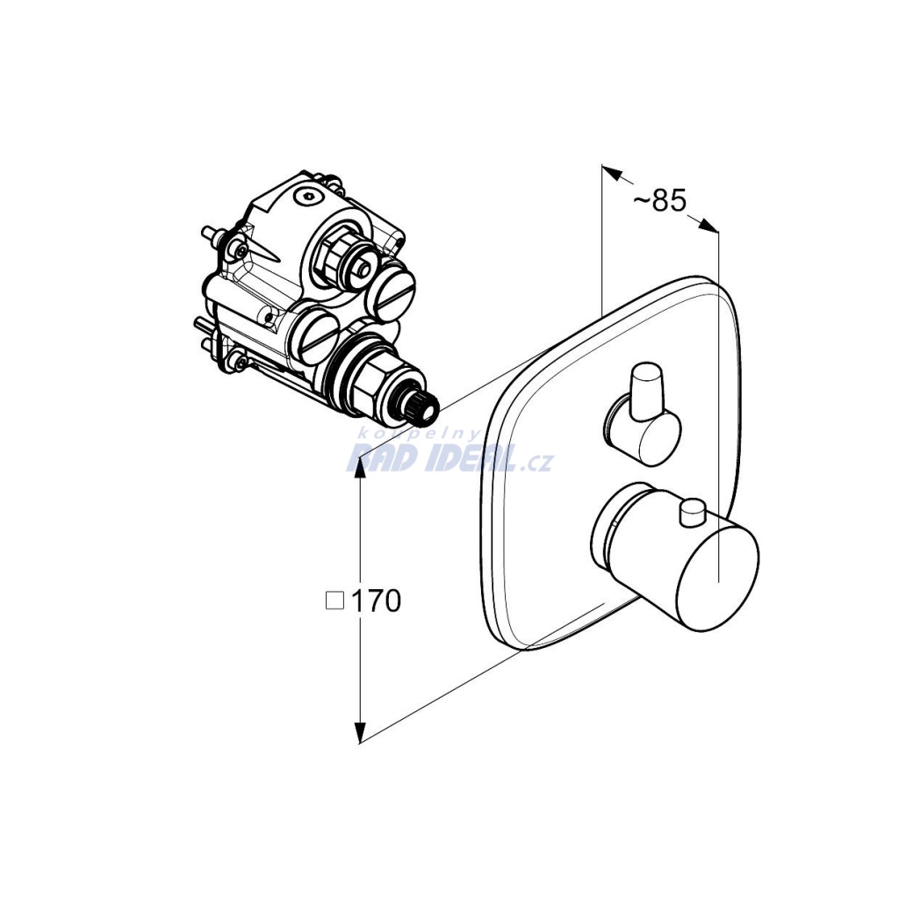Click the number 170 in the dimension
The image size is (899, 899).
376,601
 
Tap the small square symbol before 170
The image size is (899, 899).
334,601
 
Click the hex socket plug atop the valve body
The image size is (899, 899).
309,197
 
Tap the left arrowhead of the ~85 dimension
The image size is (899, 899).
612,173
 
